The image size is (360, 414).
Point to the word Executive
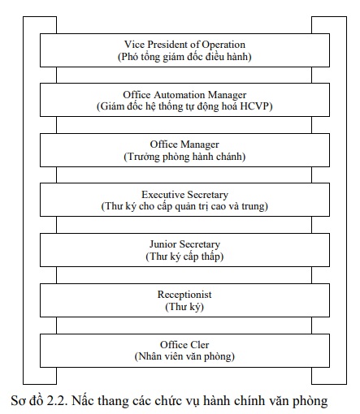163,195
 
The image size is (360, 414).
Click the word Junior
163,244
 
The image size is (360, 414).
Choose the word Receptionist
184,295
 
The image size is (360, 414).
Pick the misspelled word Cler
200,345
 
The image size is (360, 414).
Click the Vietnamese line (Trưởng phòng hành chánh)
184,157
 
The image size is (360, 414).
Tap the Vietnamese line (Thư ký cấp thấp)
184,257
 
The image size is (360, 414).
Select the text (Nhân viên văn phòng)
184,356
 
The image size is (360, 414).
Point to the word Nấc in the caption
83,401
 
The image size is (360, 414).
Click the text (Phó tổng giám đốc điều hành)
184,57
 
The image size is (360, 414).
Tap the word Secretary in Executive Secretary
207,195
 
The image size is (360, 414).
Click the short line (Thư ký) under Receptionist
184,307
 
